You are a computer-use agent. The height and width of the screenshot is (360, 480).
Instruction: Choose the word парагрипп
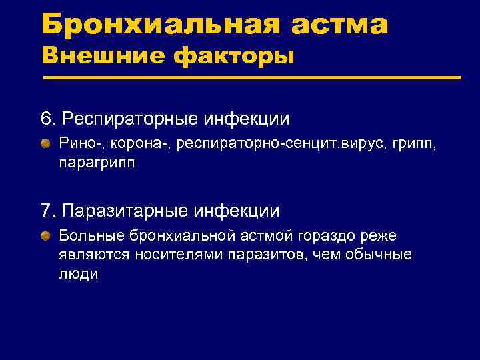[x=96, y=162]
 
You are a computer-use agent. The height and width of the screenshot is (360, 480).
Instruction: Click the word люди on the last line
[x=78, y=273]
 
